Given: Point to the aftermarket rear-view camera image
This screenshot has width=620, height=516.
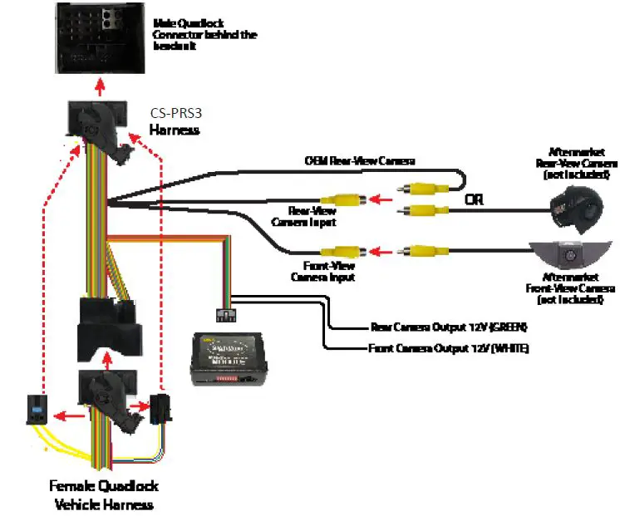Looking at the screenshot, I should coord(574,209).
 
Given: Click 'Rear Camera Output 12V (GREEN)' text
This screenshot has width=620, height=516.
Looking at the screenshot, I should coord(449,327).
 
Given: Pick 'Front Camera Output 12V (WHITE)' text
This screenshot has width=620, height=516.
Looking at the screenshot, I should coord(449,348).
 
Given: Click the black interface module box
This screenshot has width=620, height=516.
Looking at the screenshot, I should coord(229,358).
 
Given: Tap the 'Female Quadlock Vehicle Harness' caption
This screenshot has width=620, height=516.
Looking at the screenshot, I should coord(104,494).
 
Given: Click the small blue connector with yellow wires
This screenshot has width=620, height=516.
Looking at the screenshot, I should coord(38,409).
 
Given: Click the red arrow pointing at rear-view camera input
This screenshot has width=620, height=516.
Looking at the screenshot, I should coord(379,199).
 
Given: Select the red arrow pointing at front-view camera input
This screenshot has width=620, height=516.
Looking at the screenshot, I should coord(379,249).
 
